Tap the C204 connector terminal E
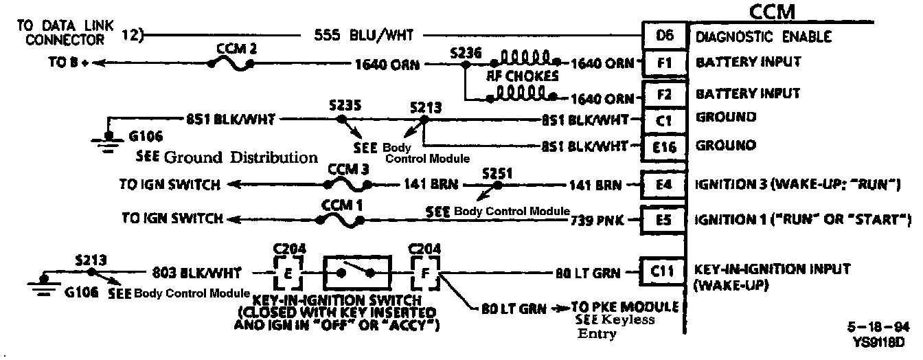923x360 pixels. (288, 273)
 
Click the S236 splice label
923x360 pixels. (465, 52)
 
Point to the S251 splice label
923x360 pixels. (497, 172)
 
